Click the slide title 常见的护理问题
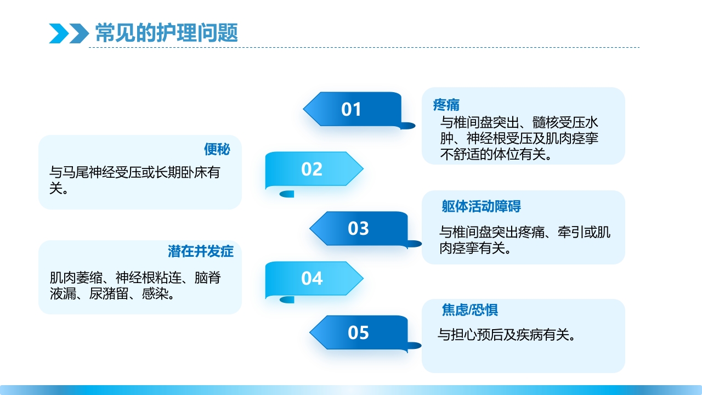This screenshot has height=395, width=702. tap(167, 33)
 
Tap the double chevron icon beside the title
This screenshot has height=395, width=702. tap(69, 33)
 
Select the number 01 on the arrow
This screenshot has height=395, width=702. tap(351, 109)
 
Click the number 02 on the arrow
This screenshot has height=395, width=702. tap(312, 169)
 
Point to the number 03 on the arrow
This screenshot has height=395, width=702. tap(358, 228)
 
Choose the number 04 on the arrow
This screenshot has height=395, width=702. tap(312, 279)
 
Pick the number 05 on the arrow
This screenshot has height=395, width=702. tap(358, 332)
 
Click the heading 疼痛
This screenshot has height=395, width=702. tap(446, 104)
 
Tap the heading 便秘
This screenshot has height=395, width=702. tap(217, 149)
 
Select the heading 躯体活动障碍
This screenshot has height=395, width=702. tap(481, 206)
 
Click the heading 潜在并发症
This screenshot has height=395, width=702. tap(201, 251)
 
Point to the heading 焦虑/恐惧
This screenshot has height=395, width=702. tap(470, 310)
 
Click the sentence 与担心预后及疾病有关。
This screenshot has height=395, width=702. tap(506, 334)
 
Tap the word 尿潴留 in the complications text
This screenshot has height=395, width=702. tap(109, 294)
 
